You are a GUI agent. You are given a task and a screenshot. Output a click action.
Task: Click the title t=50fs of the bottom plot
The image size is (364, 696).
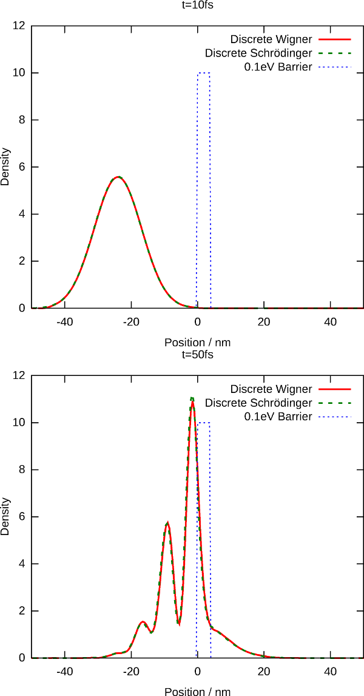pos(197,354)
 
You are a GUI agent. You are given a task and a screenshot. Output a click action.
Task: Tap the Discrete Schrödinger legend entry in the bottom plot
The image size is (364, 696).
pos(258,403)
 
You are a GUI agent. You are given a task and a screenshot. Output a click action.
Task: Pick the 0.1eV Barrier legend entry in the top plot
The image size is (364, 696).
pos(278,67)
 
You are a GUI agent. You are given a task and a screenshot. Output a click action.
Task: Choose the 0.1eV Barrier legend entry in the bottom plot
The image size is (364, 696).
pos(278,417)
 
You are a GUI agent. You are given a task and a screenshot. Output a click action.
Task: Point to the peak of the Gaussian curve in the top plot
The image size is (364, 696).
pos(118,177)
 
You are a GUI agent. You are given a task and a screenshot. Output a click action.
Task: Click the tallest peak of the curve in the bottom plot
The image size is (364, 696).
pos(192,398)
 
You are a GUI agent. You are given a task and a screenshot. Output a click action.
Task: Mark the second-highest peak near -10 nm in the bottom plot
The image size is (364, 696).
pos(167,523)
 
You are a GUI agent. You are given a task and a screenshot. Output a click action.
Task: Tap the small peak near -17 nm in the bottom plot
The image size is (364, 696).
pos(142,621)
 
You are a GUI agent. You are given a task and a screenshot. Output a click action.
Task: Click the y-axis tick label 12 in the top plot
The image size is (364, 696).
pos(19,26)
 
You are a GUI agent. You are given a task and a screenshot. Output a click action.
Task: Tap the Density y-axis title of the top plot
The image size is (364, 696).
pos(5,167)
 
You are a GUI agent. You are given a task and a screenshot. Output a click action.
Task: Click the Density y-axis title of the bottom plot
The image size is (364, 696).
pos(5,517)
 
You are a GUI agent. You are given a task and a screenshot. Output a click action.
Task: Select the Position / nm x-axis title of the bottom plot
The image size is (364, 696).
pos(197,691)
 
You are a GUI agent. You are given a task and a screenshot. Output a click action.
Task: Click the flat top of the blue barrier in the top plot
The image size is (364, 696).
pos(203,73)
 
